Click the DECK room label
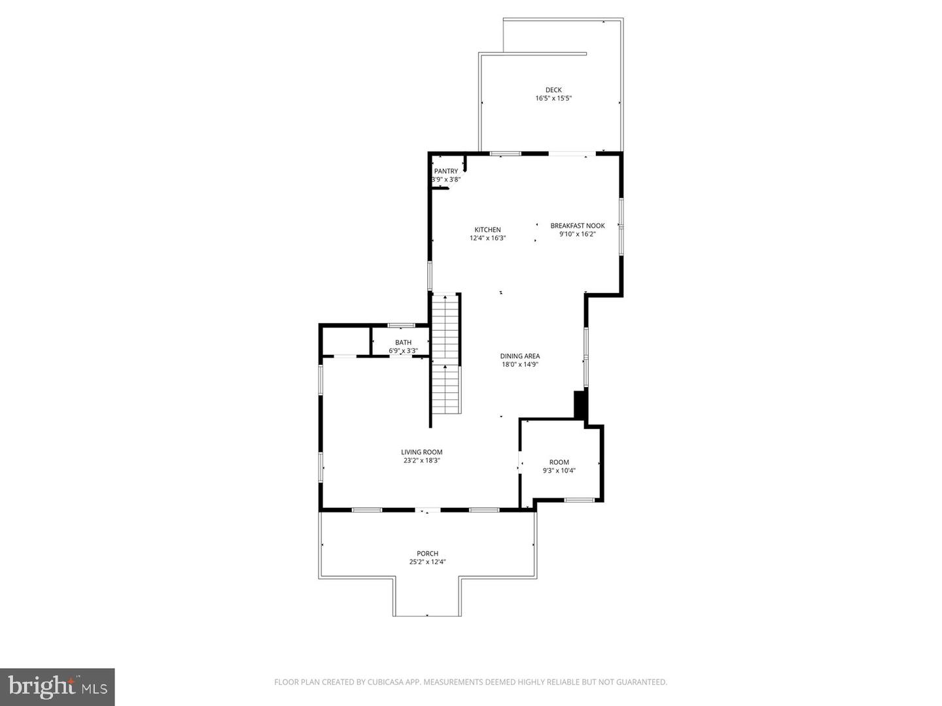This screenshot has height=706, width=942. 553,90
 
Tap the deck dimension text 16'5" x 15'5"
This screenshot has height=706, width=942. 553,99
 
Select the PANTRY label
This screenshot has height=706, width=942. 446,171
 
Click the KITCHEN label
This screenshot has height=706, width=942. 487,229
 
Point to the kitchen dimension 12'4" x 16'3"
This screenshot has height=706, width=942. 487,239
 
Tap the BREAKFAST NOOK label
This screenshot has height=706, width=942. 577,226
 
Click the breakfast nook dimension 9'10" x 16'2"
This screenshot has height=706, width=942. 577,234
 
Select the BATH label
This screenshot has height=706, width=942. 403,343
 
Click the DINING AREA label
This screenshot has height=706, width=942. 520,356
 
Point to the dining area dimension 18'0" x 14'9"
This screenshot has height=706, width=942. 520,365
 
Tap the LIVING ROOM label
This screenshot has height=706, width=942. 421,452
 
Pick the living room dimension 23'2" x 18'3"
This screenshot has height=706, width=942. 421,460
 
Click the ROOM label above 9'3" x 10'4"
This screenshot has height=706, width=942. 559,462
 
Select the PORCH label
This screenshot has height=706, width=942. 427,554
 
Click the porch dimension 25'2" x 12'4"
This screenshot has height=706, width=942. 427,562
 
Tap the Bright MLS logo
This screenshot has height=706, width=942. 58,686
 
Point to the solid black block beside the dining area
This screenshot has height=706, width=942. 580,405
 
